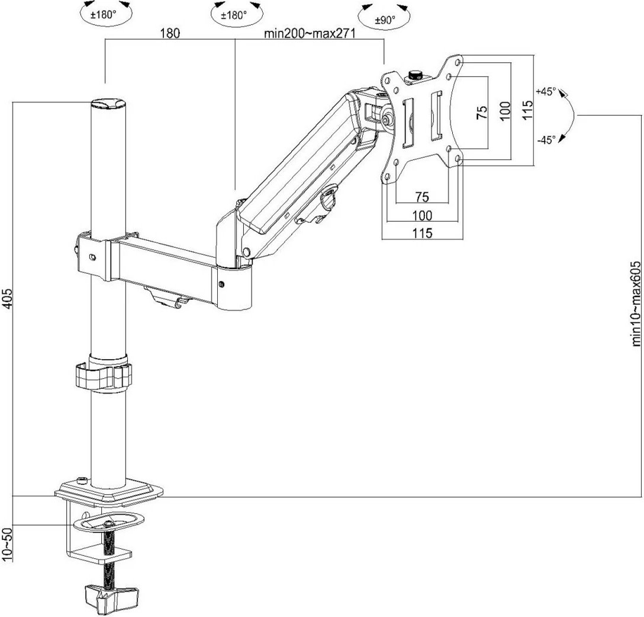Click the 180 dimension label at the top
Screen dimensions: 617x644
click(x=169, y=34)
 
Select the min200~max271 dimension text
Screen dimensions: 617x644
click(x=310, y=34)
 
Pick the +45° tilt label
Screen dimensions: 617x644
click(x=545, y=92)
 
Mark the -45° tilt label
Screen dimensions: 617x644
click(x=545, y=140)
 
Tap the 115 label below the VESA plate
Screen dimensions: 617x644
click(x=422, y=233)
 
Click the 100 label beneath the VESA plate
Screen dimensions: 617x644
click(x=422, y=215)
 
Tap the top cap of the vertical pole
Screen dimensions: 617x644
click(x=109, y=104)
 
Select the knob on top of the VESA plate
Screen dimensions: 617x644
click(x=414, y=75)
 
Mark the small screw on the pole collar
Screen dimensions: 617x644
click(x=92, y=257)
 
